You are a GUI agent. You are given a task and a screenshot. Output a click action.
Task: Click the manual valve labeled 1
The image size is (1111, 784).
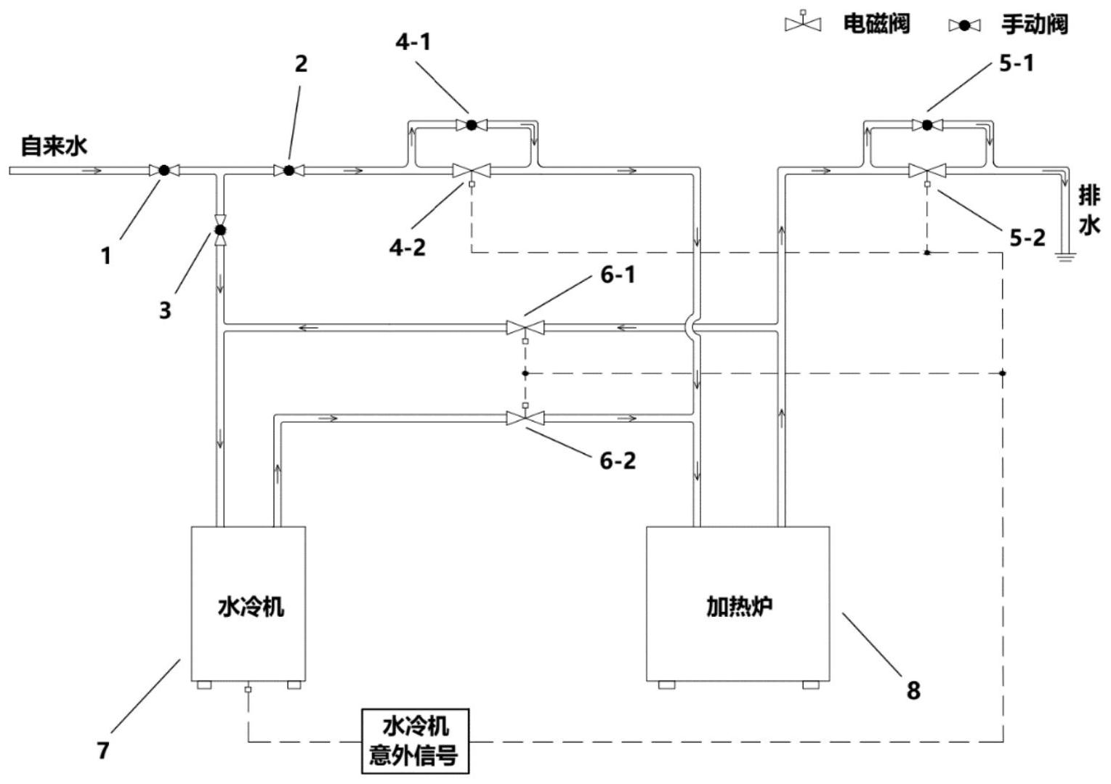click(x=164, y=171)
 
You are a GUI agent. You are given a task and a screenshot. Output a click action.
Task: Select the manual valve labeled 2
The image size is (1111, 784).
click(x=288, y=171)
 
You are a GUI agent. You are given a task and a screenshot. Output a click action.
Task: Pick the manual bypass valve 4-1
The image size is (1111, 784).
click(x=471, y=125)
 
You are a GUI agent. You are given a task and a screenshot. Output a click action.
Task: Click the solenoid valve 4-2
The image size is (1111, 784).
click(x=471, y=171)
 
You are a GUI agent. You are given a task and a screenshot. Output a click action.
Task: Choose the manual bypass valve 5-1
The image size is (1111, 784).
click(x=927, y=125)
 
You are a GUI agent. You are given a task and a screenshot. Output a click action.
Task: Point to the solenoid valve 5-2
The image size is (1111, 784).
click(x=927, y=171)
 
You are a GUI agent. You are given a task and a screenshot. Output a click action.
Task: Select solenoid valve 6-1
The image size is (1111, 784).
click(x=525, y=328)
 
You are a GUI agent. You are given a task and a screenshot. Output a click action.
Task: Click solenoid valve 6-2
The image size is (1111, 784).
click(x=525, y=418)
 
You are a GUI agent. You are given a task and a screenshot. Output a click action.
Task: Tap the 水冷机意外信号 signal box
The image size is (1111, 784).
click(x=415, y=741)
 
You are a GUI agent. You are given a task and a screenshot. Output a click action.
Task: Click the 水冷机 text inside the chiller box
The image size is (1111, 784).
click(x=251, y=607)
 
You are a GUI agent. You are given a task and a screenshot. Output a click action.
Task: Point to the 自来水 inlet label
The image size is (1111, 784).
click(x=54, y=146)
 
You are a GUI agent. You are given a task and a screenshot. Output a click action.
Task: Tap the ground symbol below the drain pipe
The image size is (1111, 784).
click(x=1064, y=256)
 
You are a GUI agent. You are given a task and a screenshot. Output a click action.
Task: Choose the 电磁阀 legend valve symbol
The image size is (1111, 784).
click(x=803, y=23)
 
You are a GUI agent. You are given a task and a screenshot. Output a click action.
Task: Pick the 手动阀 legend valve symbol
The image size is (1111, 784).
click(x=964, y=25)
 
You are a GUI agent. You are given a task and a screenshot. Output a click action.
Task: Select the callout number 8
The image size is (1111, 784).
click(x=913, y=690)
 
